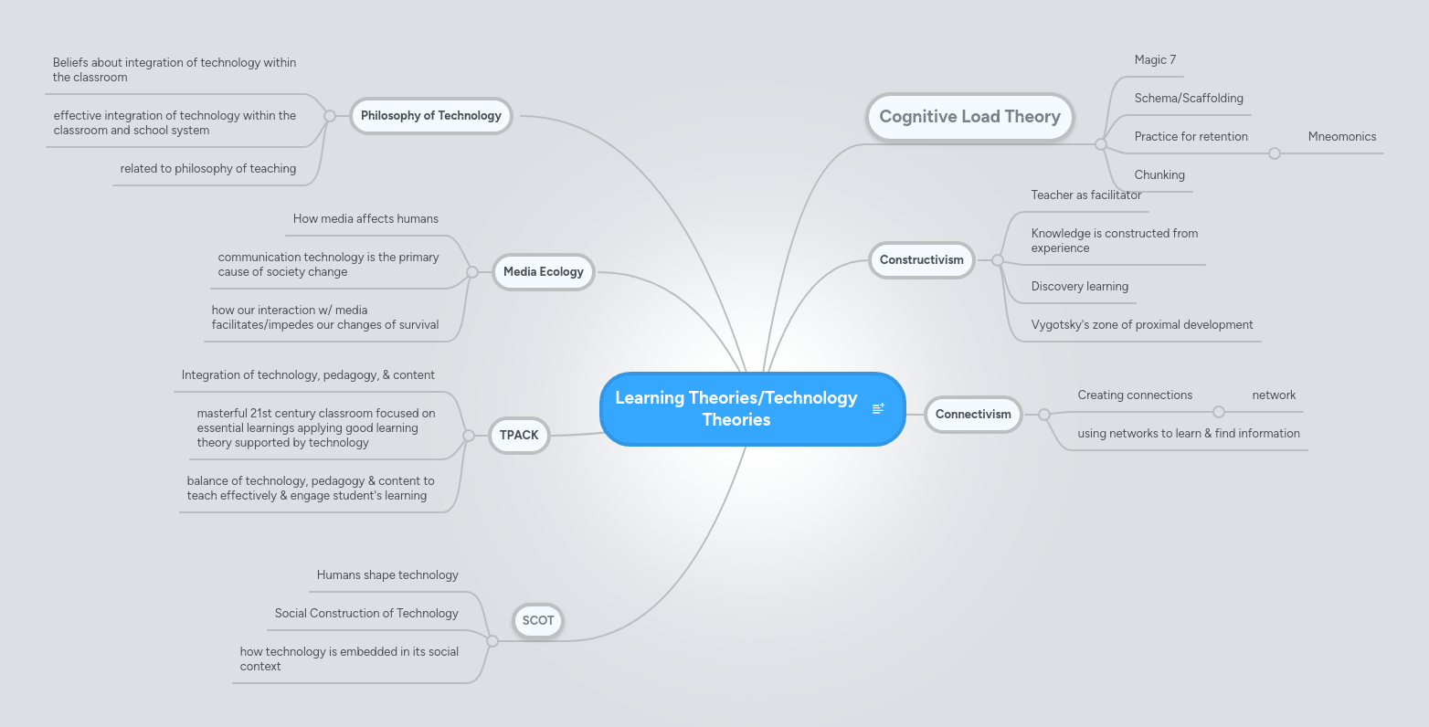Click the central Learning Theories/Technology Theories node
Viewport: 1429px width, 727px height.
tap(736, 409)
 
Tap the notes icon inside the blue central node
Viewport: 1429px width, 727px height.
tap(878, 408)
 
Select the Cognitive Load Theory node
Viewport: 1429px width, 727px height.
tap(969, 117)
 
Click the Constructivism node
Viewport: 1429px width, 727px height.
tap(921, 260)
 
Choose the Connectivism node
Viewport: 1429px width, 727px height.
tap(973, 415)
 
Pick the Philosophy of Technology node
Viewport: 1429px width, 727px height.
tap(430, 116)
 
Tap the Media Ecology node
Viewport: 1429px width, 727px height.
tap(543, 272)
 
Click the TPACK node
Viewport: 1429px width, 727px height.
tap(519, 436)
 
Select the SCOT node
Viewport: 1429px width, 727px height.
tap(538, 621)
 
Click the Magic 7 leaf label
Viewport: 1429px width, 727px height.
tap(1155, 60)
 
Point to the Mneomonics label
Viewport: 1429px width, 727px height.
tap(1341, 137)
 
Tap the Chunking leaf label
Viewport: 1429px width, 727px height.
tap(1159, 175)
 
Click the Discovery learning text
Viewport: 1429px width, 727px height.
tap(1079, 287)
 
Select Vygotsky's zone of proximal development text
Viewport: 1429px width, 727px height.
tap(1141, 325)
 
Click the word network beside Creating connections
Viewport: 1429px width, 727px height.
tap(1274, 395)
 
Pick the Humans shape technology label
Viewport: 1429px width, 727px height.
tap(387, 575)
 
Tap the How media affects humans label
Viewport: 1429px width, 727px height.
tap(365, 219)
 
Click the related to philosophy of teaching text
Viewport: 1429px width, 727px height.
tap(208, 169)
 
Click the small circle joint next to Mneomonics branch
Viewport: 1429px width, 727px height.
tap(1275, 153)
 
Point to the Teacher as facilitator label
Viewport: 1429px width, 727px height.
tap(1085, 195)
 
